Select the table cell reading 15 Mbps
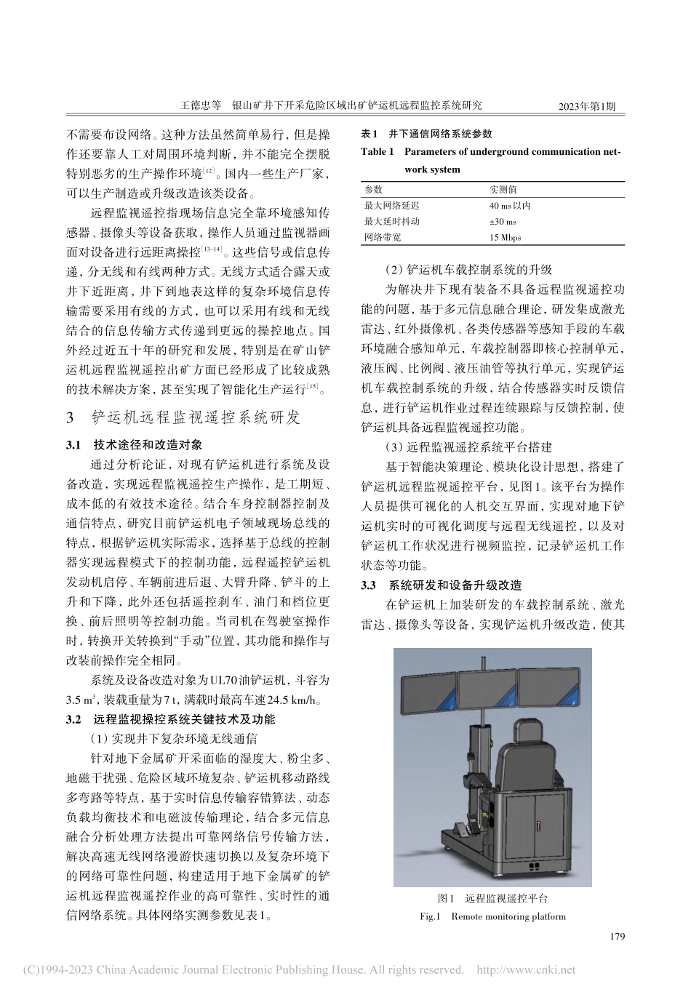pyautogui.click(x=505, y=238)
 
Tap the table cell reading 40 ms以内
pyautogui.click(x=509, y=206)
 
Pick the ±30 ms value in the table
pyautogui.click(x=503, y=222)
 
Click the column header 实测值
pyautogui.click(x=503, y=189)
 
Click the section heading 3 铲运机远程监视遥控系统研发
pyautogui.click(x=183, y=418)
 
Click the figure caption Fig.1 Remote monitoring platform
pyautogui.click(x=492, y=916)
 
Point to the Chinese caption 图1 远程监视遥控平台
pyautogui.click(x=492, y=900)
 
